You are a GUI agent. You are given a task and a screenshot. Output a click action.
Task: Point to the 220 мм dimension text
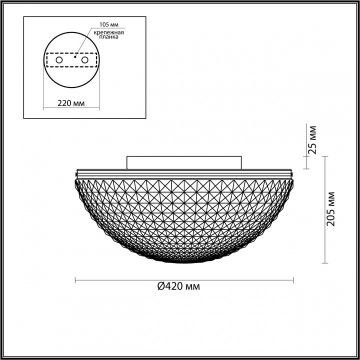click(x=70, y=103)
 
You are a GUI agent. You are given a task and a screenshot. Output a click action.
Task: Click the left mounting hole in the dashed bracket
click(x=59, y=60)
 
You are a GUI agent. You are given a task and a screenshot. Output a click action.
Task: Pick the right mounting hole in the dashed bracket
click(x=84, y=60)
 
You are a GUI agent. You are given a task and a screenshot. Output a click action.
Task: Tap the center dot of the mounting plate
click(x=74, y=57)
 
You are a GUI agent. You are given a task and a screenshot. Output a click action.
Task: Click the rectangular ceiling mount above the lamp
click(x=184, y=162)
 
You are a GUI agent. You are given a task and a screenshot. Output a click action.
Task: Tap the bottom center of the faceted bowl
click(x=184, y=261)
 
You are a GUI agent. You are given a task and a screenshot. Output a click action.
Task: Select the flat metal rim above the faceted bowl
click(x=184, y=171)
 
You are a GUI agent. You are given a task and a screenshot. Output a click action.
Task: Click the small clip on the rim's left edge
click(x=76, y=174)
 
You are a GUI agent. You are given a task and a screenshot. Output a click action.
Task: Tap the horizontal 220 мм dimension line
click(x=70, y=108)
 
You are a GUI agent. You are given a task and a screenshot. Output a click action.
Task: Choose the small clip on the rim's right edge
click(x=292, y=174)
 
